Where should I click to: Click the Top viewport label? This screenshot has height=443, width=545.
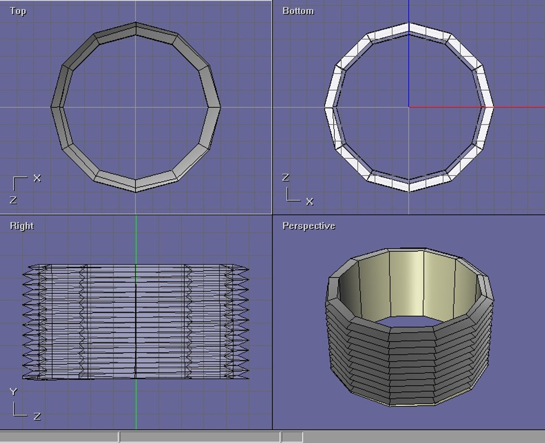coord(18,11)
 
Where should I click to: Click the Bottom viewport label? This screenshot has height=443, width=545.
coord(298,11)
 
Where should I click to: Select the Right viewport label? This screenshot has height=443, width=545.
coord(22,226)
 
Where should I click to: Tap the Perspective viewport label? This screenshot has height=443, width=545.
coord(309,226)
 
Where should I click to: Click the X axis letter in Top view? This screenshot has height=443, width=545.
coord(37,178)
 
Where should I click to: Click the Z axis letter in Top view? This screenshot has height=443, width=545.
coord(13,200)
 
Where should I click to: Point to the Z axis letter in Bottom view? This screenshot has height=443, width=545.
coord(286,178)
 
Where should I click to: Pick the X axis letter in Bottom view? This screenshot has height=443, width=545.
coord(309,201)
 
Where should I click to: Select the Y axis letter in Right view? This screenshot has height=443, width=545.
coord(14,392)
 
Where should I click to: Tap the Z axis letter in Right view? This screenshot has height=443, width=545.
coord(37,416)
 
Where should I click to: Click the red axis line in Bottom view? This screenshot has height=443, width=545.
coord(516,107)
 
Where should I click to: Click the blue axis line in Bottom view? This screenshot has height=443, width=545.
coord(409,62)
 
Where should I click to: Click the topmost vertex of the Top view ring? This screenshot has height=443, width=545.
coord(136,23)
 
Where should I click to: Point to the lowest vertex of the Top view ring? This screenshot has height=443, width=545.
coord(136,191)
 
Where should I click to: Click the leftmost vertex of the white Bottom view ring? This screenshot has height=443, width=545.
coord(325,107)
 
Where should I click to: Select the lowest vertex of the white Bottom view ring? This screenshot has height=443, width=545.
coord(409,191)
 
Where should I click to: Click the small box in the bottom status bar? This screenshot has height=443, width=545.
coord(292,437)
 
